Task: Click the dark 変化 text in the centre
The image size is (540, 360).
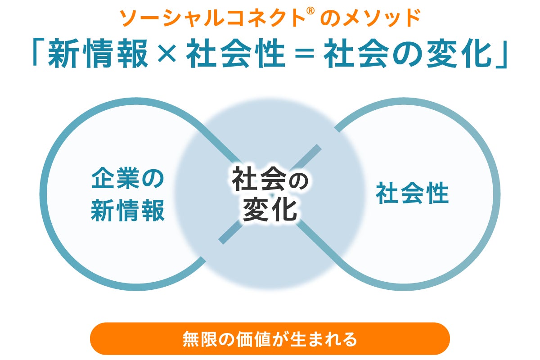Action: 270,210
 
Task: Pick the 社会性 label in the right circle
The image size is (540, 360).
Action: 412,194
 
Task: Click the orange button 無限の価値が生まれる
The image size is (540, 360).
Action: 270,339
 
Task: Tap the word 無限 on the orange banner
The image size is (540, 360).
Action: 200,339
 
